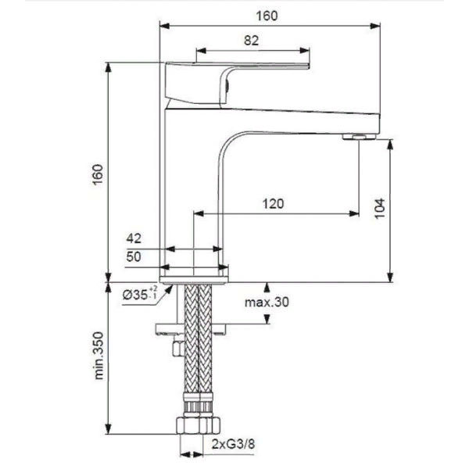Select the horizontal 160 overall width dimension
point(267,14)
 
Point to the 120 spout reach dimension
point(272,204)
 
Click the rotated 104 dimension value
point(379,207)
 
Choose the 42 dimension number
point(134,238)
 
